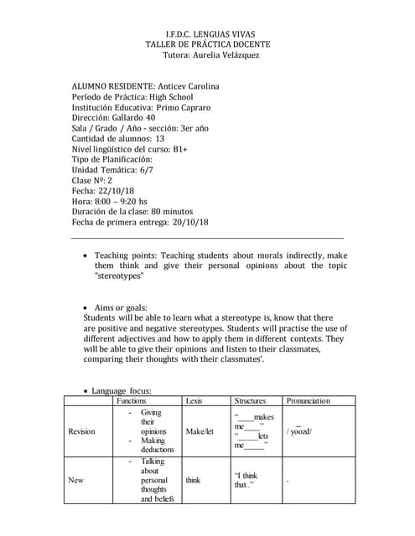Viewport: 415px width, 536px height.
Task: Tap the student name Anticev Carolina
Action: (x=188, y=86)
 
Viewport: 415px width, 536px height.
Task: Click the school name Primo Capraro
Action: (x=183, y=108)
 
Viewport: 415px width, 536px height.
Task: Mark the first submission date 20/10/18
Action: (x=189, y=222)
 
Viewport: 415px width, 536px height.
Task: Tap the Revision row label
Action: (x=82, y=431)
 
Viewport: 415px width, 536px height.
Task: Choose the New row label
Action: (x=76, y=480)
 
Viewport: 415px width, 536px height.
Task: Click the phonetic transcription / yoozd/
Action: (x=299, y=431)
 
